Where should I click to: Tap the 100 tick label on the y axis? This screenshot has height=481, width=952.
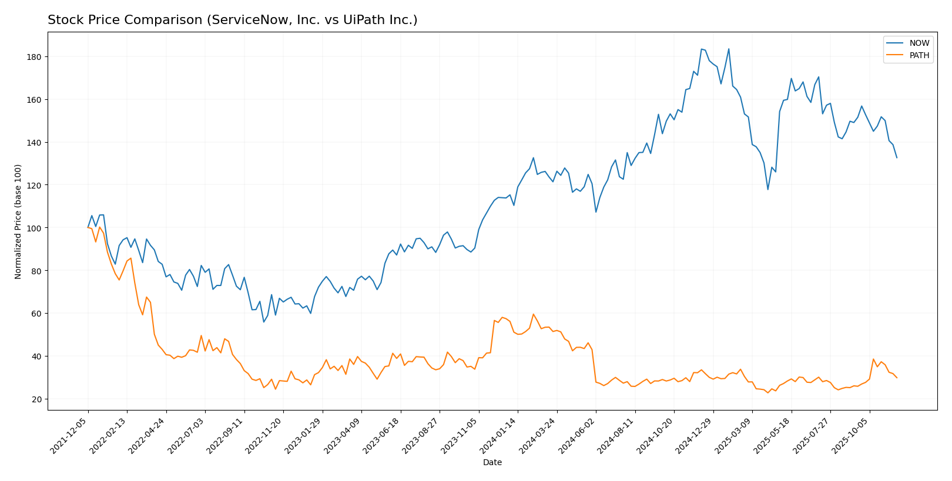click(36, 228)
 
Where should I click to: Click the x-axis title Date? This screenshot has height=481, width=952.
click(492, 463)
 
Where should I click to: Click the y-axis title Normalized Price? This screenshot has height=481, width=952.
click(18, 221)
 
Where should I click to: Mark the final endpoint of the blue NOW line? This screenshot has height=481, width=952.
click(897, 157)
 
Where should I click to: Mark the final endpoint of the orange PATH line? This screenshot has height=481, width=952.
click(897, 378)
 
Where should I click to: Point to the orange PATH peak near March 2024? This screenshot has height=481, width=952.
click(533, 314)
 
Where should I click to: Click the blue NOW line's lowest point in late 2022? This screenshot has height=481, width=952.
click(264, 322)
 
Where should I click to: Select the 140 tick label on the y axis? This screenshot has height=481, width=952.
click(36, 143)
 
